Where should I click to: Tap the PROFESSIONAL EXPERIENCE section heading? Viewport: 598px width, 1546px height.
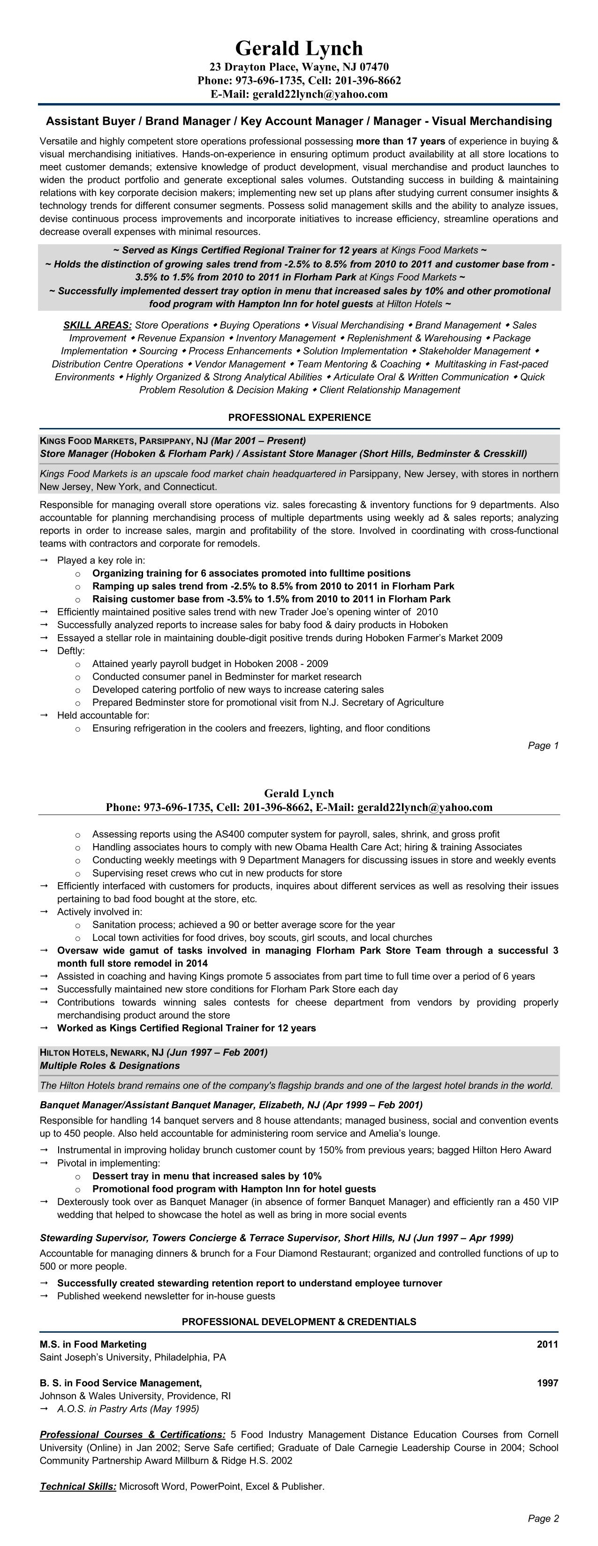(299, 417)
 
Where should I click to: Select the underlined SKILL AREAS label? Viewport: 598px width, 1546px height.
(97, 325)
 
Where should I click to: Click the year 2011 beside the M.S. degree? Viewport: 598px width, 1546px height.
(547, 1344)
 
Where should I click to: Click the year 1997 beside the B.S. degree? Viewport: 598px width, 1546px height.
(547, 1383)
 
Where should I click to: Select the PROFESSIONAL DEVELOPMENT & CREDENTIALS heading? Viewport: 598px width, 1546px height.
(299, 1321)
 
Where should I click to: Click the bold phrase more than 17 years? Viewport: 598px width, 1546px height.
(401, 142)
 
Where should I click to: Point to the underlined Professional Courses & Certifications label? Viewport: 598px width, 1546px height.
(133, 1434)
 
